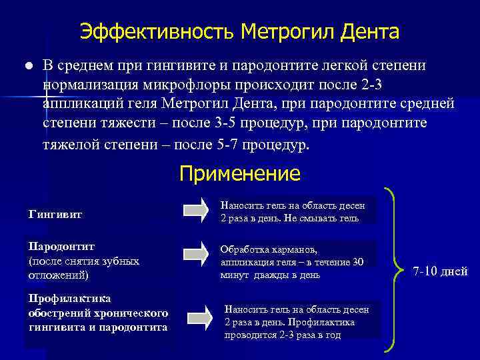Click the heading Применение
pos(240,174)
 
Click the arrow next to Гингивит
pos(196,210)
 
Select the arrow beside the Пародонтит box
pos(196,254)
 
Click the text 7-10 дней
pos(441,271)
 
